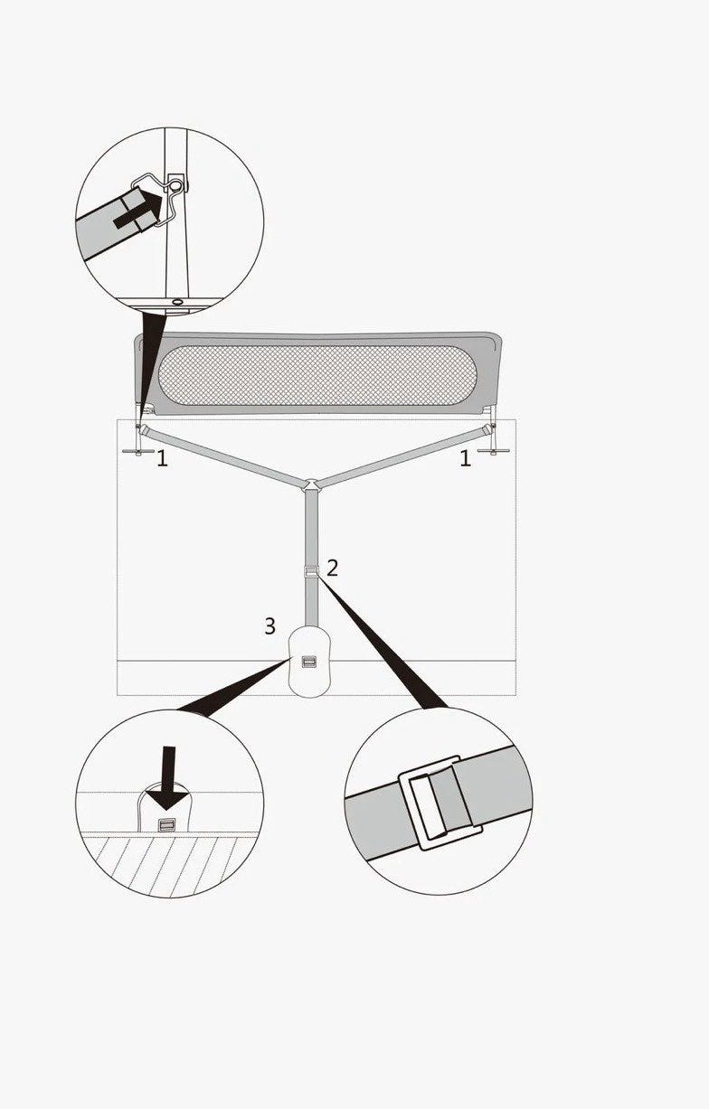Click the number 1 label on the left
163,459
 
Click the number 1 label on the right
465,459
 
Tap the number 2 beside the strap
332,568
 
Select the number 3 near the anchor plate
270,625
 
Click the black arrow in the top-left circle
138,210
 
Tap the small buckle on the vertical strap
311,572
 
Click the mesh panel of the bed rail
317,375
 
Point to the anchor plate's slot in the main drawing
308,662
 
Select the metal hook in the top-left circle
168,199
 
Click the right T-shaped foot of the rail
494,451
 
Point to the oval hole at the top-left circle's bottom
177,302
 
